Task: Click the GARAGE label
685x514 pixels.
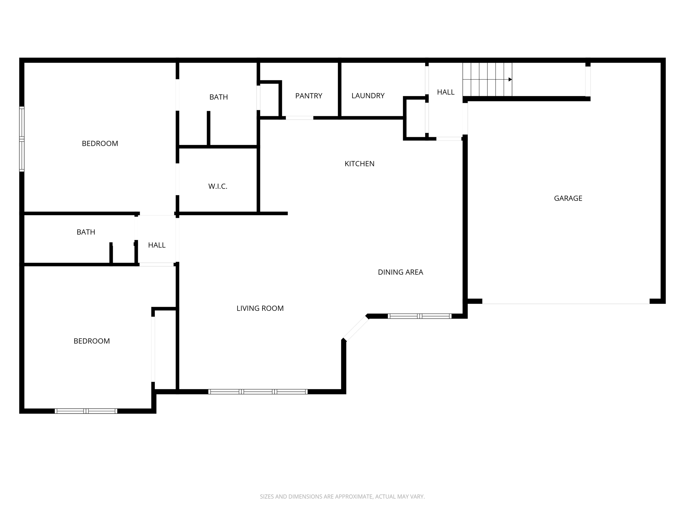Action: (x=568, y=198)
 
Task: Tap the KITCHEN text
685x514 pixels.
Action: (x=360, y=164)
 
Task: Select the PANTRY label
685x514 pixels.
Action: (x=308, y=96)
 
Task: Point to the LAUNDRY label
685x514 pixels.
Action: (x=368, y=96)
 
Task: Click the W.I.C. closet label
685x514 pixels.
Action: (x=218, y=186)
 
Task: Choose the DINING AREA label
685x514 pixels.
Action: (x=400, y=272)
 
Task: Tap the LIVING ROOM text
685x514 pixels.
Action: (x=260, y=308)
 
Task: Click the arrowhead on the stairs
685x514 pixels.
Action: (x=510, y=79)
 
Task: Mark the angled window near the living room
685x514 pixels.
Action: (x=356, y=328)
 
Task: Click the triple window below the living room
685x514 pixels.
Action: (x=258, y=392)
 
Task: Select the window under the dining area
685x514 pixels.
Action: (x=419, y=316)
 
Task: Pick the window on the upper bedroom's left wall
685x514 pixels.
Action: (x=22, y=139)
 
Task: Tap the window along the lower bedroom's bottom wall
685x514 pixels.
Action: (x=86, y=411)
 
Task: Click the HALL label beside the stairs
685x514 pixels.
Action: (x=446, y=92)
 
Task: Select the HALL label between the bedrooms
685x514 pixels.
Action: (x=157, y=245)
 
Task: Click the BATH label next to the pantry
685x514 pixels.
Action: (x=218, y=97)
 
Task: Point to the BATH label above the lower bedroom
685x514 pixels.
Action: (x=86, y=232)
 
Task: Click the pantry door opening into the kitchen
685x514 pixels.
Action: (x=299, y=118)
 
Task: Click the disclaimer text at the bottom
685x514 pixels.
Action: (x=342, y=497)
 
